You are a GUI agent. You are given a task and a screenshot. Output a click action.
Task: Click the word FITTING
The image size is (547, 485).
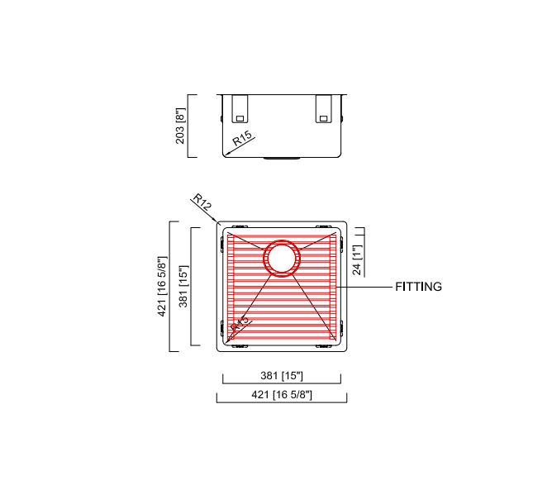click(x=418, y=288)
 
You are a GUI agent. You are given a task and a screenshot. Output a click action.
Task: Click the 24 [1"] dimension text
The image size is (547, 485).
click(x=357, y=259)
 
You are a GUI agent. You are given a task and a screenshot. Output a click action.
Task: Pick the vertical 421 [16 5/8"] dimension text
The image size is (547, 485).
click(x=163, y=286)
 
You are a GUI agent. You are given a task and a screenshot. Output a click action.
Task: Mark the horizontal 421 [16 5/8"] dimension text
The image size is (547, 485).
click(x=281, y=395)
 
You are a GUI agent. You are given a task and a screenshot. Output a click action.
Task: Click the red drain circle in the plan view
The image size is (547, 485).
click(x=281, y=258)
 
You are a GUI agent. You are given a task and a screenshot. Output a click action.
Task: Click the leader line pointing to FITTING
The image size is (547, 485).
click(x=366, y=287)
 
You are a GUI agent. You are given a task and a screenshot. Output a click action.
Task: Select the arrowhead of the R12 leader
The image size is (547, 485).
click(x=216, y=221)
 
